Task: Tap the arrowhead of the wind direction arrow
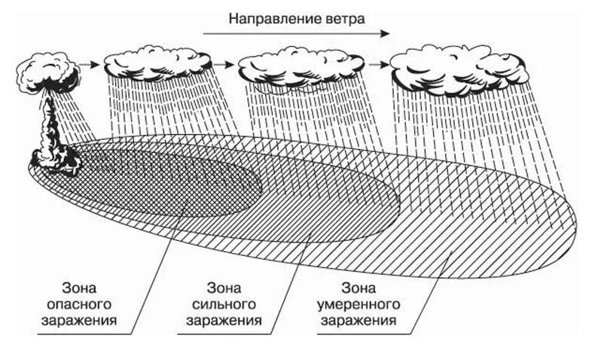[386, 33]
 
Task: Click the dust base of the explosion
[56, 159]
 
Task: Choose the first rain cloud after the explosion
[157, 63]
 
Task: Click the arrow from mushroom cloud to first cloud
[90, 65]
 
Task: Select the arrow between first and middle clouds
[225, 65]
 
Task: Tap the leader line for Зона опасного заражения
[154, 286]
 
